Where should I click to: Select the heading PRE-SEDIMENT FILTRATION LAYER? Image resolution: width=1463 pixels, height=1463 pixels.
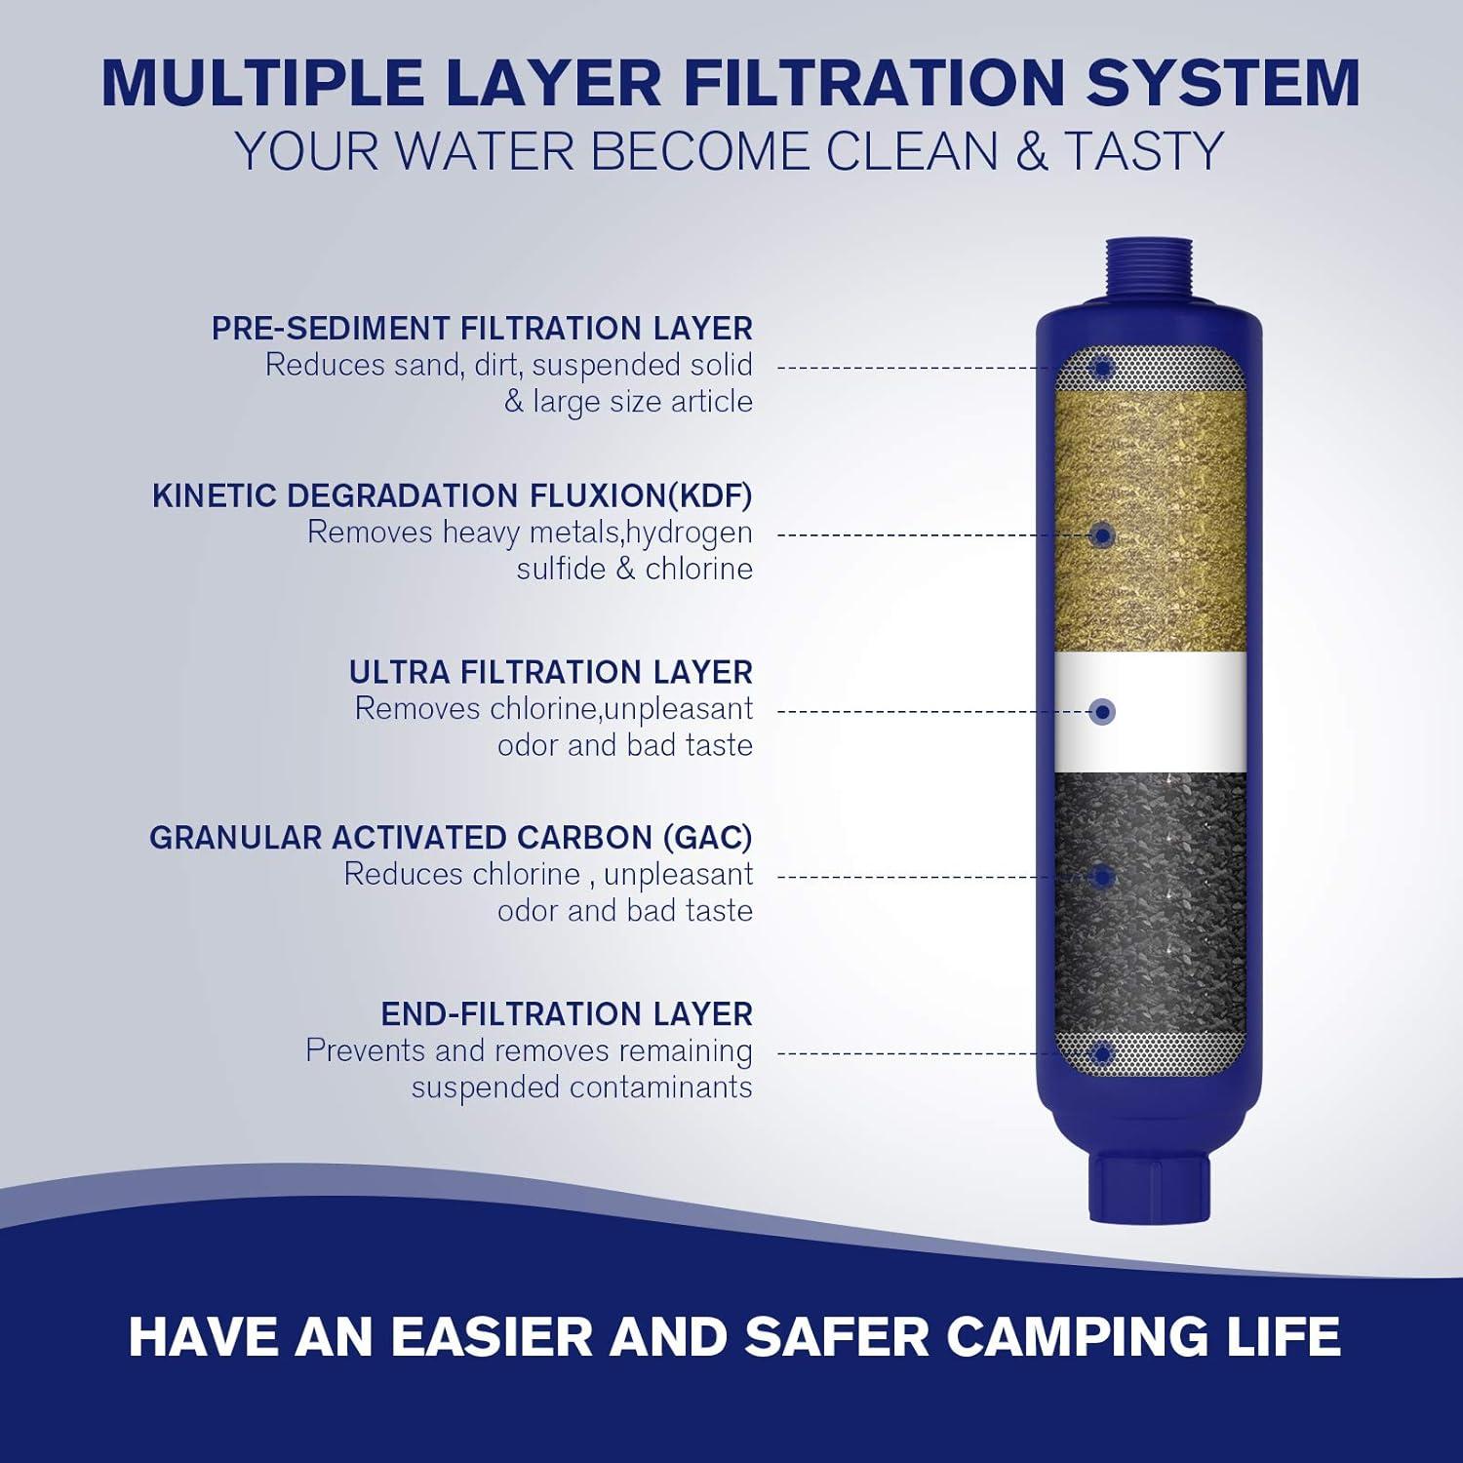pyautogui.click(x=482, y=329)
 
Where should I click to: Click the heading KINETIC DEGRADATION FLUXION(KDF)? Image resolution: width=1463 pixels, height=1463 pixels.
pyautogui.click(x=453, y=495)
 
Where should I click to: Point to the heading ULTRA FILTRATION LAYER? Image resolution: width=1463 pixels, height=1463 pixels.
pyautogui.click(x=551, y=672)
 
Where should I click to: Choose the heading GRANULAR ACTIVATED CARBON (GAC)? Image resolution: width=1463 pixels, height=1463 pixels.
pyautogui.click(x=451, y=838)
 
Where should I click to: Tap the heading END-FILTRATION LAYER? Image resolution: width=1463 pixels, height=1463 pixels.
pyautogui.click(x=567, y=1014)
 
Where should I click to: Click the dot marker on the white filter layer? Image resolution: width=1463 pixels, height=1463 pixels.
pyautogui.click(x=1103, y=712)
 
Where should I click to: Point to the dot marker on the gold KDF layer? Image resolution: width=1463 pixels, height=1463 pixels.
pyautogui.click(x=1103, y=535)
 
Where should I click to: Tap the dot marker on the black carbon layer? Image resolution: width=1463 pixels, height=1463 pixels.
pyautogui.click(x=1103, y=877)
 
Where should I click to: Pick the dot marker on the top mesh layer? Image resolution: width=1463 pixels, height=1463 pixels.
pyautogui.click(x=1103, y=369)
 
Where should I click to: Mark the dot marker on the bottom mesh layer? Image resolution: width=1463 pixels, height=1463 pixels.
pyautogui.click(x=1103, y=1053)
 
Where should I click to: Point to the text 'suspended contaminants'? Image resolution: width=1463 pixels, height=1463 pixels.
pyautogui.click(x=581, y=1087)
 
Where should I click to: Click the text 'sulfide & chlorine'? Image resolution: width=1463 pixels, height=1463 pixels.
pyautogui.click(x=634, y=569)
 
